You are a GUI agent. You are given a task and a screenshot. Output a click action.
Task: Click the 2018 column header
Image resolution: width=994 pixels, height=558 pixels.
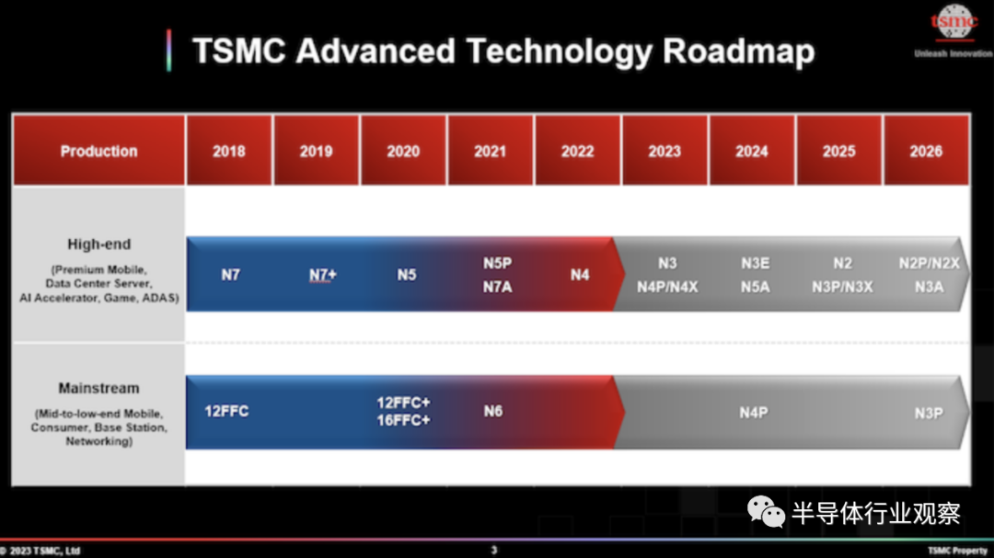point(229,150)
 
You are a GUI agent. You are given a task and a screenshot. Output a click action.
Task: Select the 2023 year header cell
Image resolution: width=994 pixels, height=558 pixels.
point(665,150)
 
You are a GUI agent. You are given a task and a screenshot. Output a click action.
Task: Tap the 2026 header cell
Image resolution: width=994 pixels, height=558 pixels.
point(926,150)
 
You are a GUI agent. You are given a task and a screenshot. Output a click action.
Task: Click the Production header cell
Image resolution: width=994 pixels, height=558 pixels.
point(98,150)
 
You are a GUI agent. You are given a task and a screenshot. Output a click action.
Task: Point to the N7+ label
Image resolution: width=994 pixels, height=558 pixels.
point(323,275)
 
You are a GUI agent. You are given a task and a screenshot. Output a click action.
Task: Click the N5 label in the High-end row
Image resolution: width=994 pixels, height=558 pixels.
point(407,275)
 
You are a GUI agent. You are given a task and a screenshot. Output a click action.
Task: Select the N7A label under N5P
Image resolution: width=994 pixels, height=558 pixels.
point(498,287)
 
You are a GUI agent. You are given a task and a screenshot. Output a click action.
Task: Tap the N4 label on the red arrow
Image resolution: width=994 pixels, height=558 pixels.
point(580,275)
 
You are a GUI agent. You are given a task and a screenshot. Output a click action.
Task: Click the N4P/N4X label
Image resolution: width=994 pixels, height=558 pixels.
point(667,287)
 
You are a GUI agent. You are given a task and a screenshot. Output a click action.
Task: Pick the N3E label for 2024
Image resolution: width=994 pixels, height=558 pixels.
point(755,263)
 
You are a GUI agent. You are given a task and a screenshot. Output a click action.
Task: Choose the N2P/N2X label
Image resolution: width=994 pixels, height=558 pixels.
point(930,263)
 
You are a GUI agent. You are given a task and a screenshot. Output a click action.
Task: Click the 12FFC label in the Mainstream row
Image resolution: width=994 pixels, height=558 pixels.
point(226,411)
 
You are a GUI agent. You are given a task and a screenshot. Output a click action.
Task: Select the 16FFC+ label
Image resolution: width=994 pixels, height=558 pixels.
point(403,420)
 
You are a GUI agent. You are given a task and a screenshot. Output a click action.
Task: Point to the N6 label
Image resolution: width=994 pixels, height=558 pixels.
point(493,411)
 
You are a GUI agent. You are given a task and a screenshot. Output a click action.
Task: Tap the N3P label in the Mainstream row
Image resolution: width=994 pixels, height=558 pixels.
point(929,413)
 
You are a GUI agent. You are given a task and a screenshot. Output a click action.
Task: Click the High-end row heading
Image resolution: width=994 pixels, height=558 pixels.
point(98,244)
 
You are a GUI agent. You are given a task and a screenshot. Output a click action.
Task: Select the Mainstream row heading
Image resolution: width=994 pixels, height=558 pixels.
point(98,388)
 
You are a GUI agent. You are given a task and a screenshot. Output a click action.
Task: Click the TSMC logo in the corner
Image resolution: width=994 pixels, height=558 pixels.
point(954,22)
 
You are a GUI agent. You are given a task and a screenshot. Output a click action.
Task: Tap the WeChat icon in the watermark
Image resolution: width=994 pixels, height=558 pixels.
point(766,512)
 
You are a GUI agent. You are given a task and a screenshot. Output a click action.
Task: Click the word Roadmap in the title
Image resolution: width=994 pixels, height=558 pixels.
point(738,51)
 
